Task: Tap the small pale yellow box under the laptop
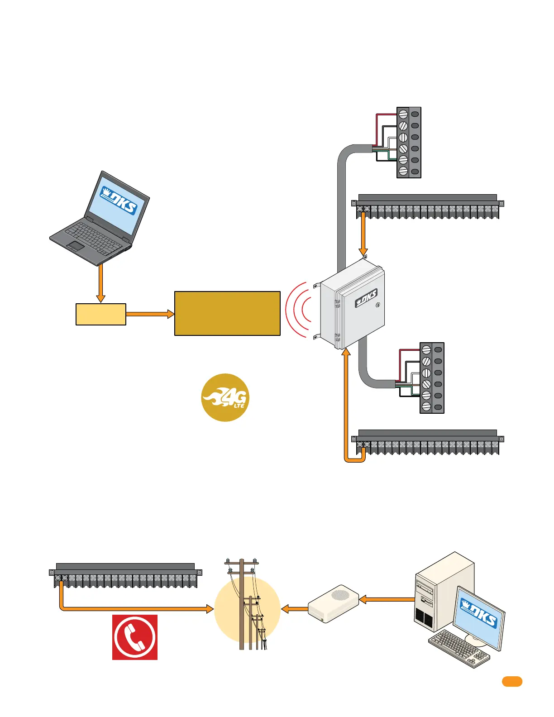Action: click(101, 314)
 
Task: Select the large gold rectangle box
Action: click(227, 313)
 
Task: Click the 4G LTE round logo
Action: click(225, 397)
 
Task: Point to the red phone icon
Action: click(135, 637)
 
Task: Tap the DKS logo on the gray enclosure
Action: click(366, 298)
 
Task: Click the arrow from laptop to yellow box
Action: click(101, 283)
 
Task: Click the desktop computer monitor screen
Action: click(479, 615)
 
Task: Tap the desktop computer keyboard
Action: click(458, 649)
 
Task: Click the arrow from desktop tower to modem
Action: click(387, 600)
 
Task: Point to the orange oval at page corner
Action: click(512, 682)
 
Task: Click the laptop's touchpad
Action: click(76, 246)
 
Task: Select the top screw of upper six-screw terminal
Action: click(403, 115)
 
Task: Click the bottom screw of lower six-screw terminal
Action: click(426, 406)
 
